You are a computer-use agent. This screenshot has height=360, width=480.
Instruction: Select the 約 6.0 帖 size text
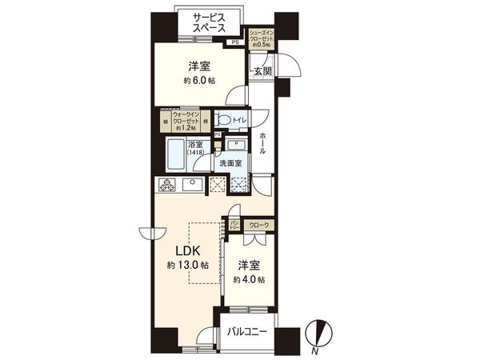click(x=199, y=81)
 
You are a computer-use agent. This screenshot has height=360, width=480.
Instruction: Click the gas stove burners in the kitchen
click(x=168, y=186)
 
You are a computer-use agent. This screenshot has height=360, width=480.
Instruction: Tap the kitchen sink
click(x=193, y=186)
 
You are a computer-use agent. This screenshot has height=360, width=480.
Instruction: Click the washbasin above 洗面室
click(x=235, y=146)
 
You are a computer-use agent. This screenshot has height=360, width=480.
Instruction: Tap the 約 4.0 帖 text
click(x=250, y=279)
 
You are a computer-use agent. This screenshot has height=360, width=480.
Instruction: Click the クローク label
click(x=258, y=226)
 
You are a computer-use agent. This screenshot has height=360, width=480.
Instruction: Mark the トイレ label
click(x=238, y=120)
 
